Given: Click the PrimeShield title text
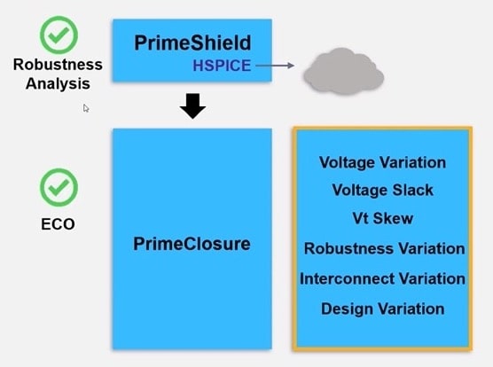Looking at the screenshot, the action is [192, 43].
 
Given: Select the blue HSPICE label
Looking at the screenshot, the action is [222, 66].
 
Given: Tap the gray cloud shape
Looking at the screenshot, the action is [344, 71].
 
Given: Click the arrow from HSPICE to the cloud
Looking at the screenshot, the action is [275, 66].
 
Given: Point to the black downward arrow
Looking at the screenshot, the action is [192, 105].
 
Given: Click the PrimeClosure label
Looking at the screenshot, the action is [192, 244].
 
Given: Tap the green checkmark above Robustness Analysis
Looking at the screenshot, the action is [59, 35].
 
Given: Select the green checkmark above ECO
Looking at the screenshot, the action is [59, 187].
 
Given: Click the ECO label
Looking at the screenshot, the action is [58, 224].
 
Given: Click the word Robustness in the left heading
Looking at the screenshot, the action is [58, 65].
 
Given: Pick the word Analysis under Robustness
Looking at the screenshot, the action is [58, 83].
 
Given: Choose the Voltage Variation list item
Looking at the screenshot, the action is [382, 163].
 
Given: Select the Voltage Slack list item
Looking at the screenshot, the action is [383, 190].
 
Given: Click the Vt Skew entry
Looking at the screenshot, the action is [383, 218].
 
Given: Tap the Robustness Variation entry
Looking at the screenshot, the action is [384, 248].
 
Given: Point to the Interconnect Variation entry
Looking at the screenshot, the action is [382, 278].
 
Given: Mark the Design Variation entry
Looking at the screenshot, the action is [383, 308].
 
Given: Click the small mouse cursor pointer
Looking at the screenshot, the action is [86, 108].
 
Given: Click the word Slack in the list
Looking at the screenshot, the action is [413, 190].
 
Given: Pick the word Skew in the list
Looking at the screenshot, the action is [393, 218].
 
